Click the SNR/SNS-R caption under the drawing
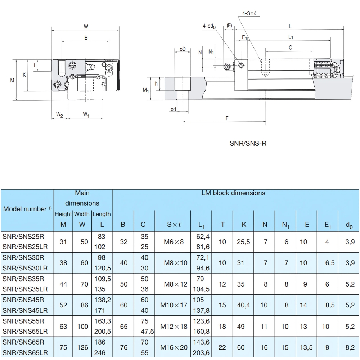tap(248, 143)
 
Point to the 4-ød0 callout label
tap(210, 26)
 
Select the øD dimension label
tap(183, 49)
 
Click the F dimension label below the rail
tap(227, 118)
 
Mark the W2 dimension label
tap(59, 115)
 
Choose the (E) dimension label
tap(229, 26)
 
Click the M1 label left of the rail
tap(146, 90)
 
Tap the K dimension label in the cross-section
tap(24, 75)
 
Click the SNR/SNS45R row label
tap(23, 300)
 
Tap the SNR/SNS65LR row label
tap(25, 353)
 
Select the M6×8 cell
tap(174, 242)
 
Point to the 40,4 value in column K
tap(243, 305)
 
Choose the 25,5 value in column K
tap(243, 242)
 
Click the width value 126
tap(82, 347)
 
